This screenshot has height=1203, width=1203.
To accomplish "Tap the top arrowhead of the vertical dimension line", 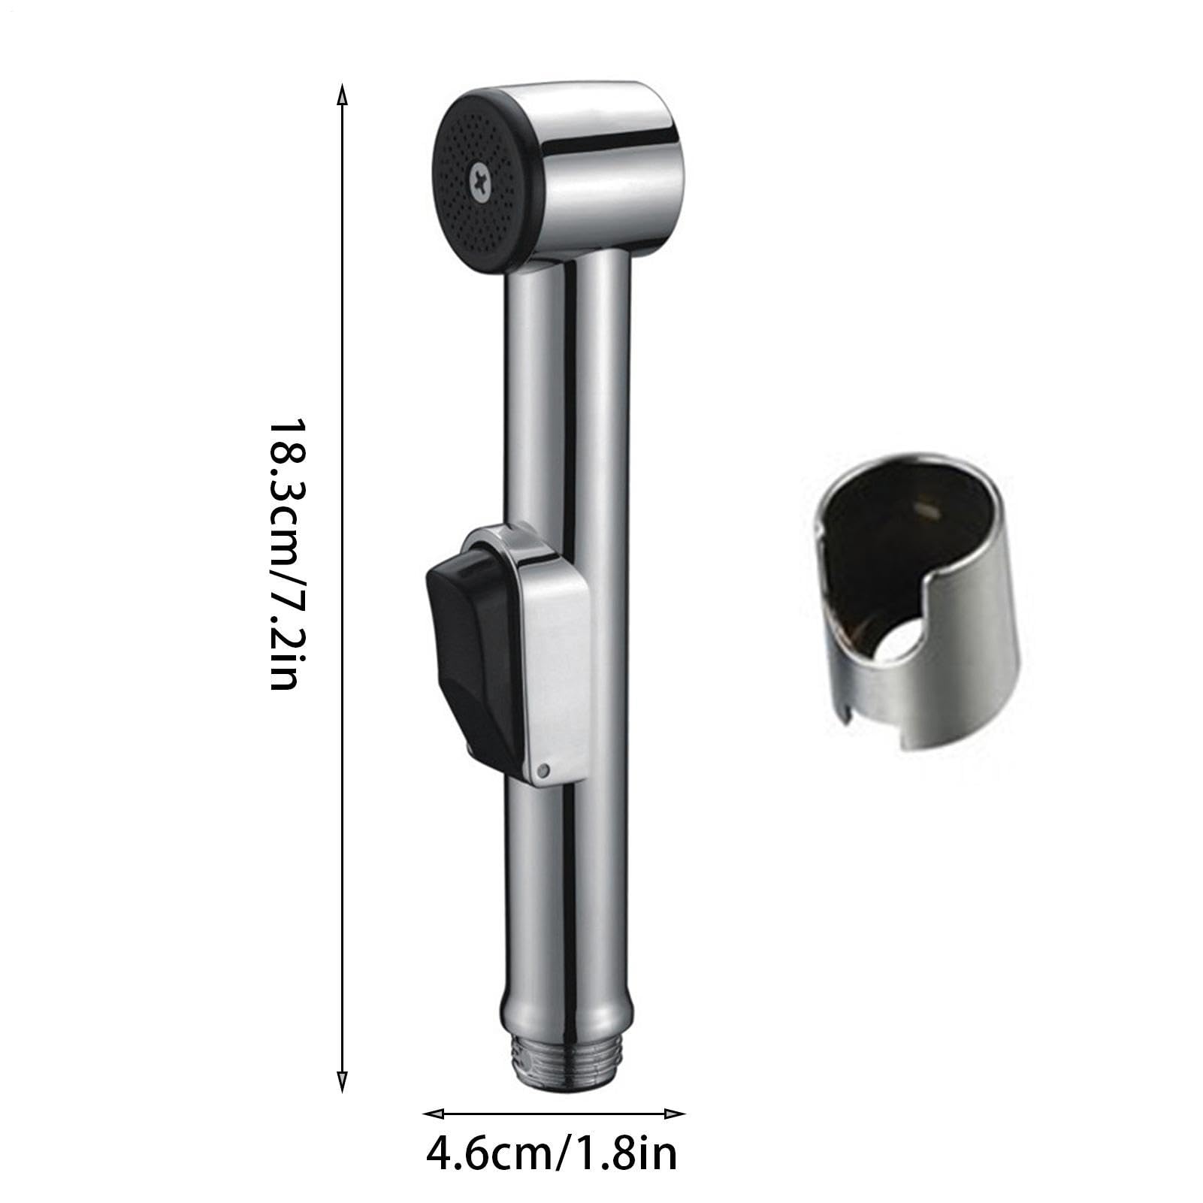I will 342,94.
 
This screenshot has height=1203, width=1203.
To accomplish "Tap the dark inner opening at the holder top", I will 902,503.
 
